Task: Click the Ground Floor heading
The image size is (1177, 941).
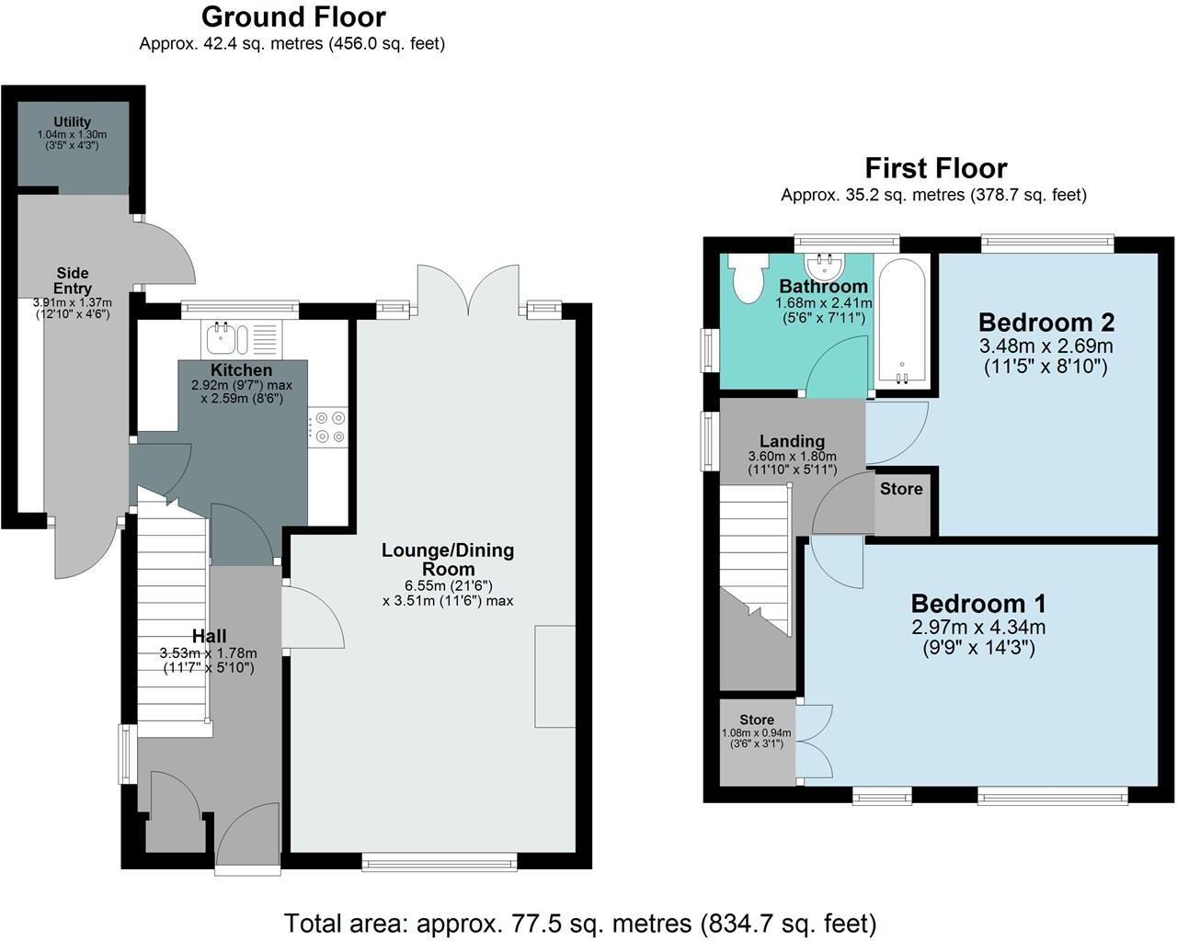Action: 292,17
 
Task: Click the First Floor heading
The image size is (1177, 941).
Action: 935,168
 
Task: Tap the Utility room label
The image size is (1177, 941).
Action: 72,122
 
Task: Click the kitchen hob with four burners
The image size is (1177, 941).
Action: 329,427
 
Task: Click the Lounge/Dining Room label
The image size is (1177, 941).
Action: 448,560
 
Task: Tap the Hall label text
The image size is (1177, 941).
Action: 209,636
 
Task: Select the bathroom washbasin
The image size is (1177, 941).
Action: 825,266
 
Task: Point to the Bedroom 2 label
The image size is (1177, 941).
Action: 1046,323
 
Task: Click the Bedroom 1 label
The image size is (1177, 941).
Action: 978,604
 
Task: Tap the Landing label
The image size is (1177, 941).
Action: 792,441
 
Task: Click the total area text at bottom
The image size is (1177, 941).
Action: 579,923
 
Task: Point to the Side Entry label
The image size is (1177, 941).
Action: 73,280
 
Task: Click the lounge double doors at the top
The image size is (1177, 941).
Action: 469,289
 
